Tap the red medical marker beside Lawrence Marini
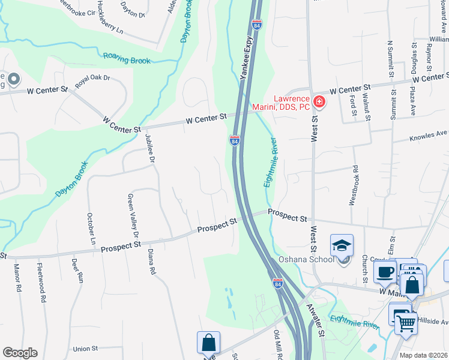click(319, 101)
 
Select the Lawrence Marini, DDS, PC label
click(292, 103)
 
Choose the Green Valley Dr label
click(131, 215)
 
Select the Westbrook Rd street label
click(354, 185)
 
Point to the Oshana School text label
click(306, 260)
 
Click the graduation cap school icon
click(342, 245)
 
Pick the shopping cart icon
click(405, 323)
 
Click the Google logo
click(20, 353)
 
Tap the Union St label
click(85, 349)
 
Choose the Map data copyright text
click(423, 355)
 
